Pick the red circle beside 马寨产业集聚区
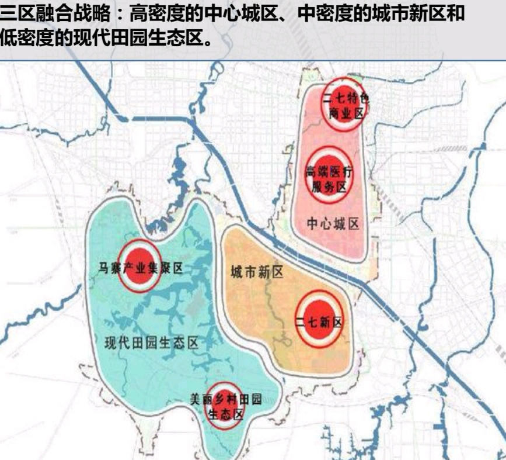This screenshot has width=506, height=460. pos(139,266)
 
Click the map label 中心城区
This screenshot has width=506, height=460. pos(333,224)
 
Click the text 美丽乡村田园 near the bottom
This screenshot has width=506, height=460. pos(226,400)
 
